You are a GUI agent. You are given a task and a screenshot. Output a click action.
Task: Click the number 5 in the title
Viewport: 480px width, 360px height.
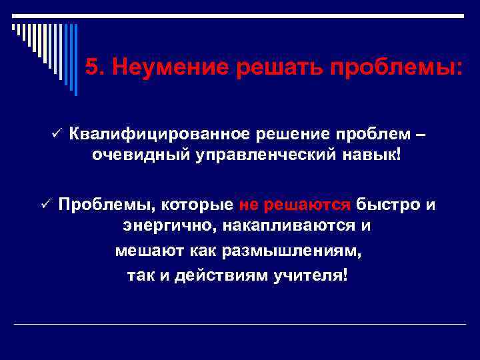click(x=93, y=67)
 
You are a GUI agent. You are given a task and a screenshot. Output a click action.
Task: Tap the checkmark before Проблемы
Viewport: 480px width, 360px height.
click(x=45, y=204)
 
